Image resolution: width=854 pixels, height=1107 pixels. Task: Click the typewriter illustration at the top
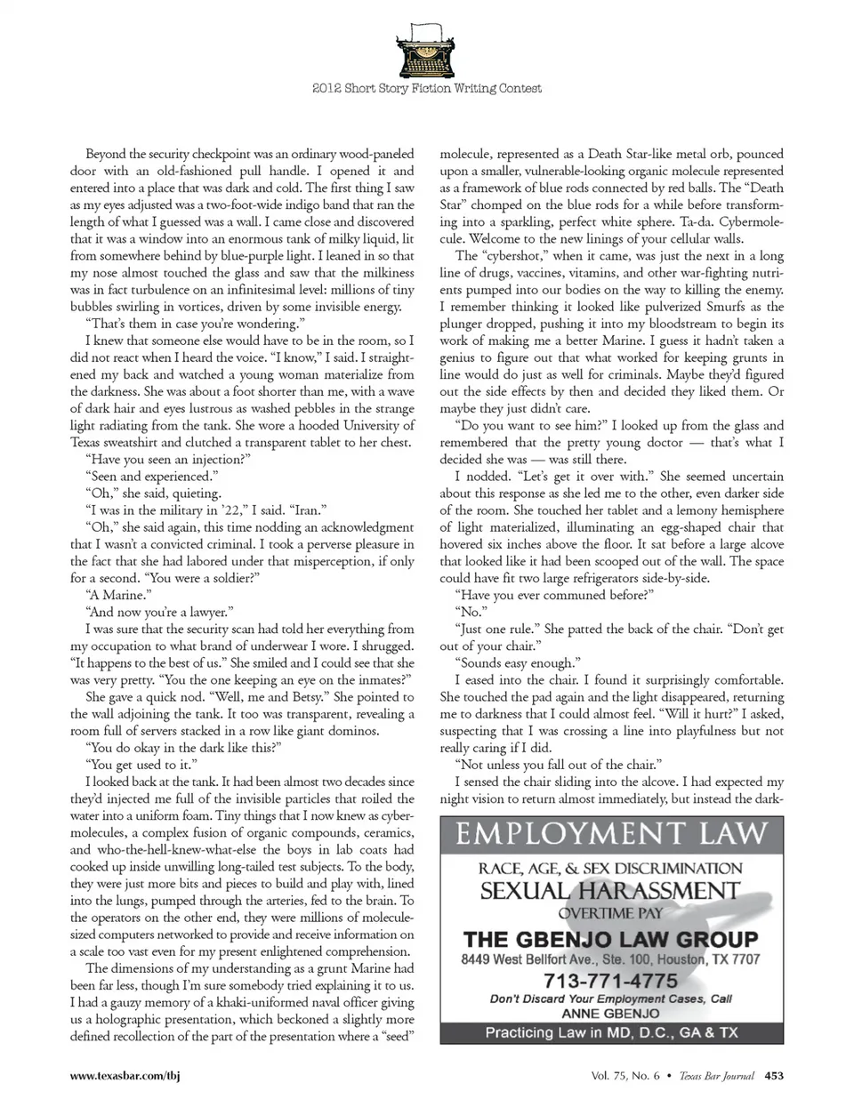427,49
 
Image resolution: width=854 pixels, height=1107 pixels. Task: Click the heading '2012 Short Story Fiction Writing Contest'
427,88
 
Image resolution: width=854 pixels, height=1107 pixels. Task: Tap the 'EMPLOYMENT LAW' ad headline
611,833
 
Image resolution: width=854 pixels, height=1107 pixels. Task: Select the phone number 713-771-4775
610,981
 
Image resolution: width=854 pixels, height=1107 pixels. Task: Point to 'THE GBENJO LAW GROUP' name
610,939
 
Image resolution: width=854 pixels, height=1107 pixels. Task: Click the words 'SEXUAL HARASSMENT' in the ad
610,890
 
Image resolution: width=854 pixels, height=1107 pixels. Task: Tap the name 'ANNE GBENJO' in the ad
610,1013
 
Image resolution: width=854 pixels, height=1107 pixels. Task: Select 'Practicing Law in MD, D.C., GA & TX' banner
611,1032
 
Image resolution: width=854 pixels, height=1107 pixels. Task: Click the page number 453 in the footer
774,1075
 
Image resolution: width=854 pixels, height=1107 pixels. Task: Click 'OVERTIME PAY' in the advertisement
610,913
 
